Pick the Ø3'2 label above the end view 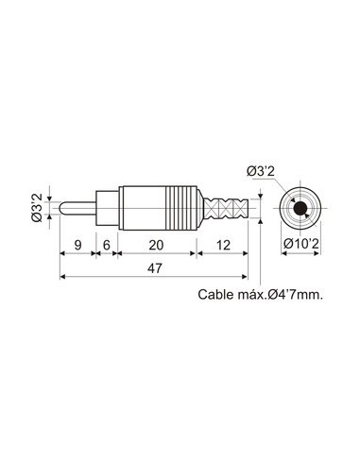pos(262,171)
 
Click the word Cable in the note pos(218,294)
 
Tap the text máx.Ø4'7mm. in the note pos(283,294)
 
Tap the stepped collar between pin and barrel pos(107,207)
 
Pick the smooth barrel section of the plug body pos(138,207)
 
